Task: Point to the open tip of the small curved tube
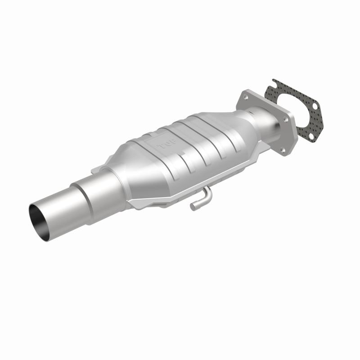click(193, 207)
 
